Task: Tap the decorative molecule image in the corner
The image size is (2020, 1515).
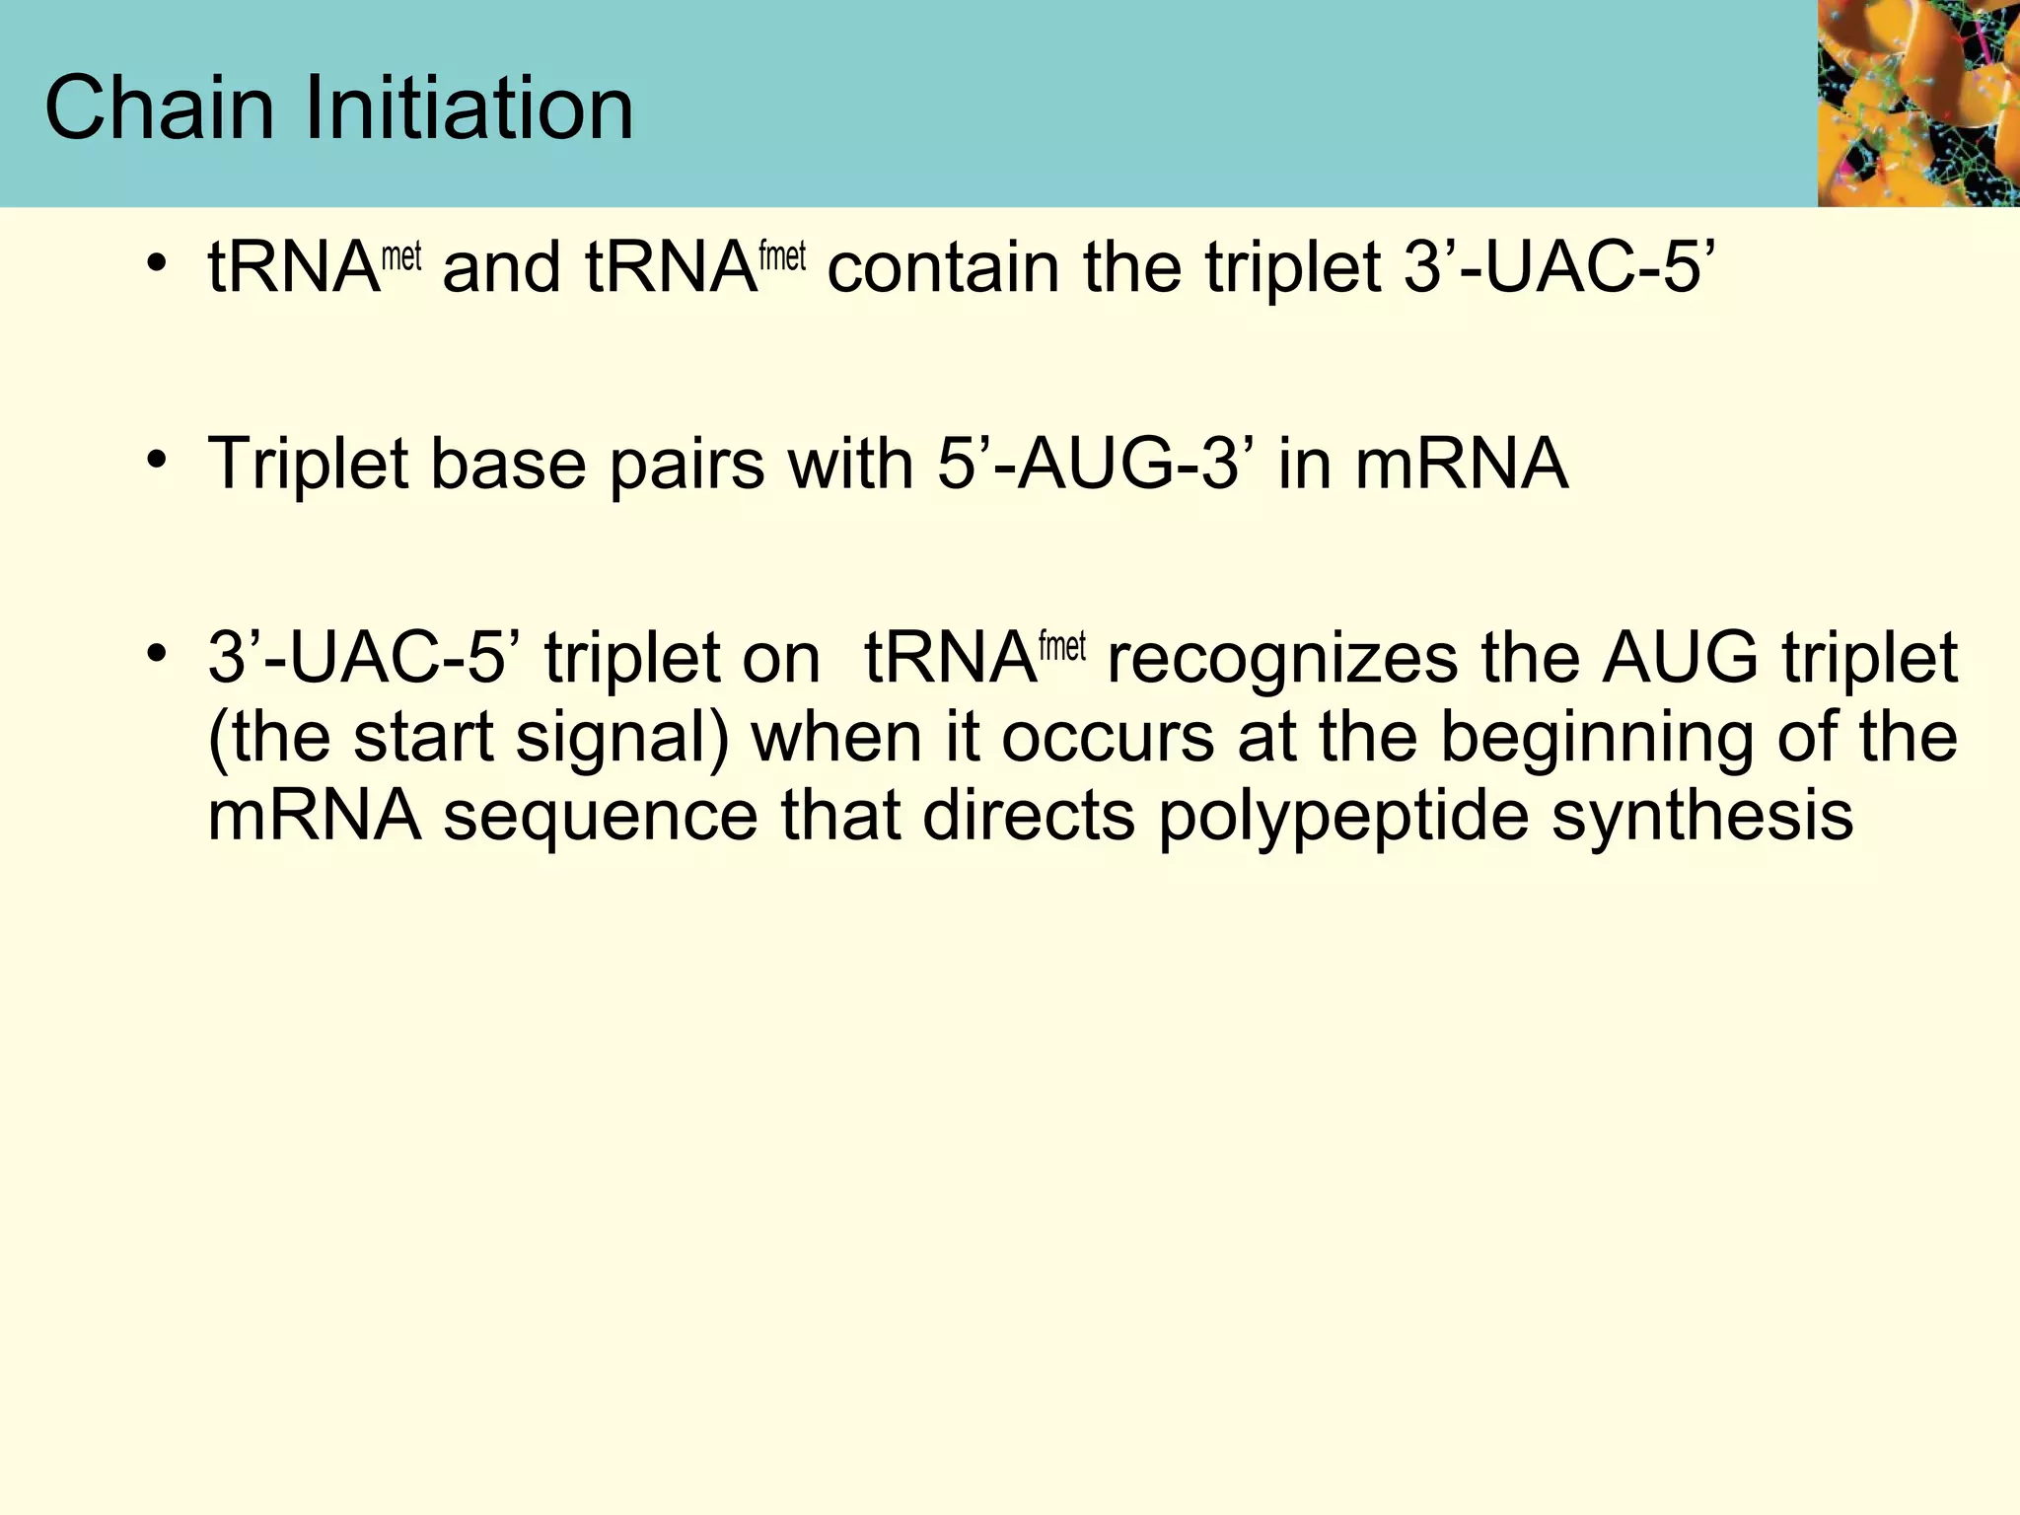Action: pos(1917,103)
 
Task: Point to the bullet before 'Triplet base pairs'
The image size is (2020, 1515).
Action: pos(156,459)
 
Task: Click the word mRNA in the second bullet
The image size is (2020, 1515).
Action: pos(1461,463)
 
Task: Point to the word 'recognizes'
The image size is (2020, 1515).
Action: pos(1281,659)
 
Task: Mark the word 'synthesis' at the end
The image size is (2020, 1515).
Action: pos(1702,816)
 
